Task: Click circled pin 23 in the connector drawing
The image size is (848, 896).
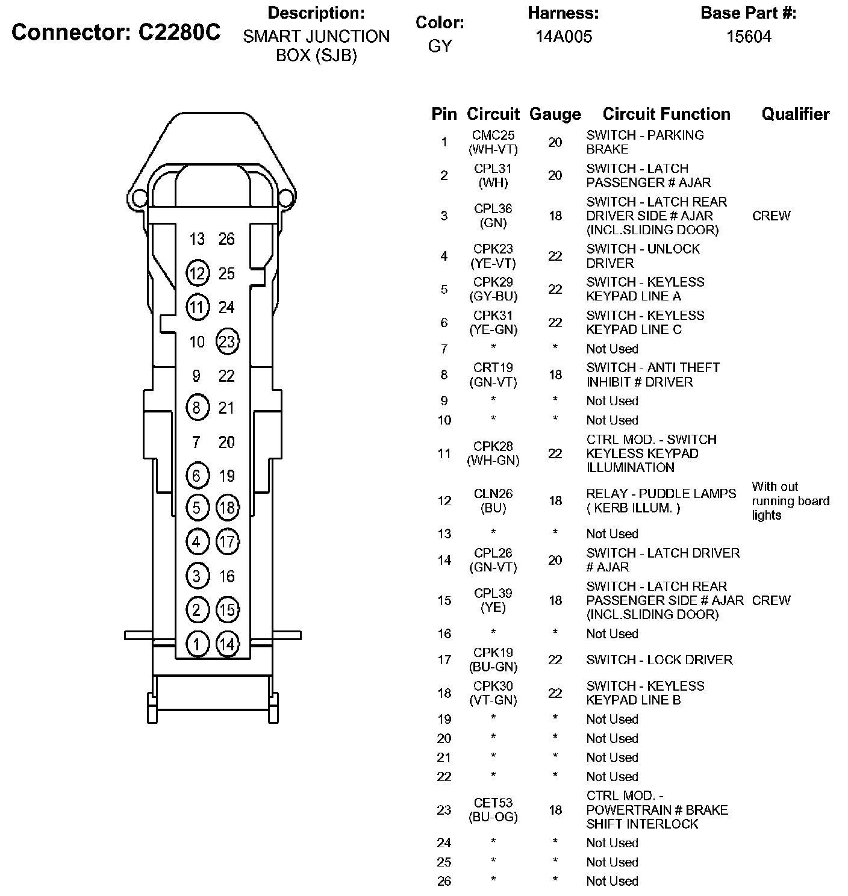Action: pyautogui.click(x=227, y=341)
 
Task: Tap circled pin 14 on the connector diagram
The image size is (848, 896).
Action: pyautogui.click(x=227, y=644)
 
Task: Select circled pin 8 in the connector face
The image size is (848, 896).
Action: pyautogui.click(x=197, y=408)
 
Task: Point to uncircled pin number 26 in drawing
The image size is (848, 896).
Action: pyautogui.click(x=226, y=239)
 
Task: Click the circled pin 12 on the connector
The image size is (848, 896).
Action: pyautogui.click(x=197, y=273)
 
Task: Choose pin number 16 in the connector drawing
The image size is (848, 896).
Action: pyautogui.click(x=226, y=576)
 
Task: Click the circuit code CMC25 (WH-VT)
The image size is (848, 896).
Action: pyautogui.click(x=493, y=142)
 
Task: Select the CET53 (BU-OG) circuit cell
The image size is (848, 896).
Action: pyautogui.click(x=493, y=810)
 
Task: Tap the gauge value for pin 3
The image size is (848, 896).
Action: pyautogui.click(x=555, y=216)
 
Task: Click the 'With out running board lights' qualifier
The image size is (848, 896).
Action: pyautogui.click(x=790, y=501)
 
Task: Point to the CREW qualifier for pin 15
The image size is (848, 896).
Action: pyautogui.click(x=771, y=600)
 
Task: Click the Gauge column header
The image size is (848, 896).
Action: pyautogui.click(x=555, y=114)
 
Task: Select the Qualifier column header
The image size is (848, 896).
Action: pyautogui.click(x=795, y=114)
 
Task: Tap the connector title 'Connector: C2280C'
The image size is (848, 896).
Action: pyautogui.click(x=116, y=33)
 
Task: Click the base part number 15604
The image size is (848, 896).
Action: pyautogui.click(x=749, y=37)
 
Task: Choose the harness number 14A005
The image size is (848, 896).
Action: pyautogui.click(x=564, y=37)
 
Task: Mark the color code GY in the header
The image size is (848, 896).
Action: pyautogui.click(x=440, y=46)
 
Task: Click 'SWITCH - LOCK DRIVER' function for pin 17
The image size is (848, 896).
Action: pyautogui.click(x=659, y=660)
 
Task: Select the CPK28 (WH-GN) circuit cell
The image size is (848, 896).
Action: pyautogui.click(x=493, y=453)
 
